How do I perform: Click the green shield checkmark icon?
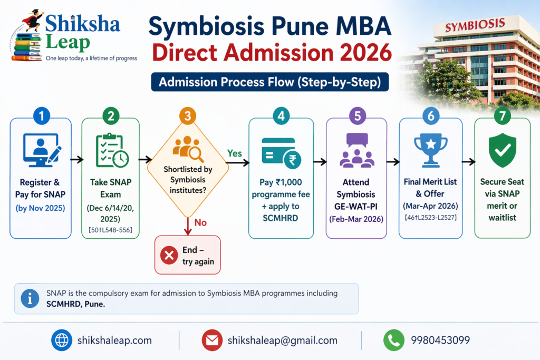502,150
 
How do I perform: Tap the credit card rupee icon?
280,152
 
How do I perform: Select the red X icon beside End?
169,256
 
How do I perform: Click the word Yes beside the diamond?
234,153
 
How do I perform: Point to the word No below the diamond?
200,222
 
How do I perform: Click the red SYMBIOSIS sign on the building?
475,25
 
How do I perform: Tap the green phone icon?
393,340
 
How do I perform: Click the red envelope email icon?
212,340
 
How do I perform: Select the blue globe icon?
62,340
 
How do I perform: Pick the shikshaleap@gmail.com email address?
282,340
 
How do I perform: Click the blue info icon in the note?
30,298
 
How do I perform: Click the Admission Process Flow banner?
269,82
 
